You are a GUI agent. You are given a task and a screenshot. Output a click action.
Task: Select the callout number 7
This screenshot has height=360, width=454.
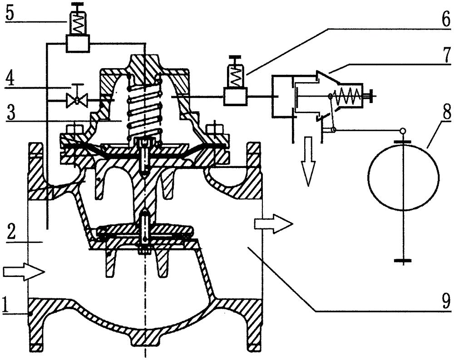(446, 55)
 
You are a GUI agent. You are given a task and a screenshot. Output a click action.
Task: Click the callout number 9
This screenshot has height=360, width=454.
(446, 301)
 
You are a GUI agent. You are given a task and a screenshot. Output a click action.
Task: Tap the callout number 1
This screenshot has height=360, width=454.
(5, 306)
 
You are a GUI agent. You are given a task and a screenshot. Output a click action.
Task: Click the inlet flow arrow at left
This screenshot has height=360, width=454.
(24, 271)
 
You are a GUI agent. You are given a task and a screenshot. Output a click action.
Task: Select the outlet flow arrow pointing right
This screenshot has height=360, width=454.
(274, 224)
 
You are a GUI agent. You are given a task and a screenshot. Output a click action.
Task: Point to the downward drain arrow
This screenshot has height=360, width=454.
(307, 161)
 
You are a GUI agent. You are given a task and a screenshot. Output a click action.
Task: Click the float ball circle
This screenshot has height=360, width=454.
(404, 177)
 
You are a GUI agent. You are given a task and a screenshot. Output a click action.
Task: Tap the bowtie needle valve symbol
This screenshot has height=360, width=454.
(76, 100)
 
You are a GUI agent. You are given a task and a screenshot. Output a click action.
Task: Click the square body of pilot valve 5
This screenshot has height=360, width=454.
(77, 43)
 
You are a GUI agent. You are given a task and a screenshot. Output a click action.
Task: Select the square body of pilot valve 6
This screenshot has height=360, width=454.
(235, 97)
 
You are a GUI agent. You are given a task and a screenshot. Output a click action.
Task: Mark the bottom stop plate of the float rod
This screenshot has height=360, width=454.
(403, 261)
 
